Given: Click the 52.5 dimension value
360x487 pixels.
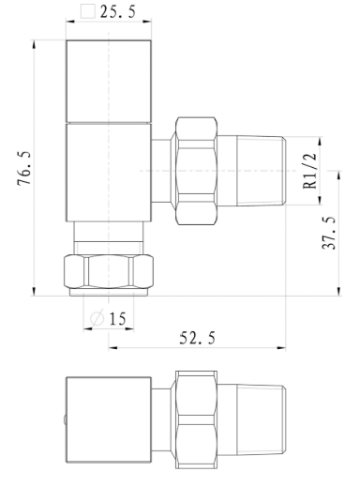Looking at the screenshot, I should coord(195,337).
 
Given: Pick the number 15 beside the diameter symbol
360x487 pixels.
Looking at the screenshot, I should coord(117,319).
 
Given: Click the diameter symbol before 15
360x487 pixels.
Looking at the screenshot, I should coord(97,319).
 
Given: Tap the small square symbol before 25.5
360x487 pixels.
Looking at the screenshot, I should coord(88,12).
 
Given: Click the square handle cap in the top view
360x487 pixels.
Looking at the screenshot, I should coord(110,82).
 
